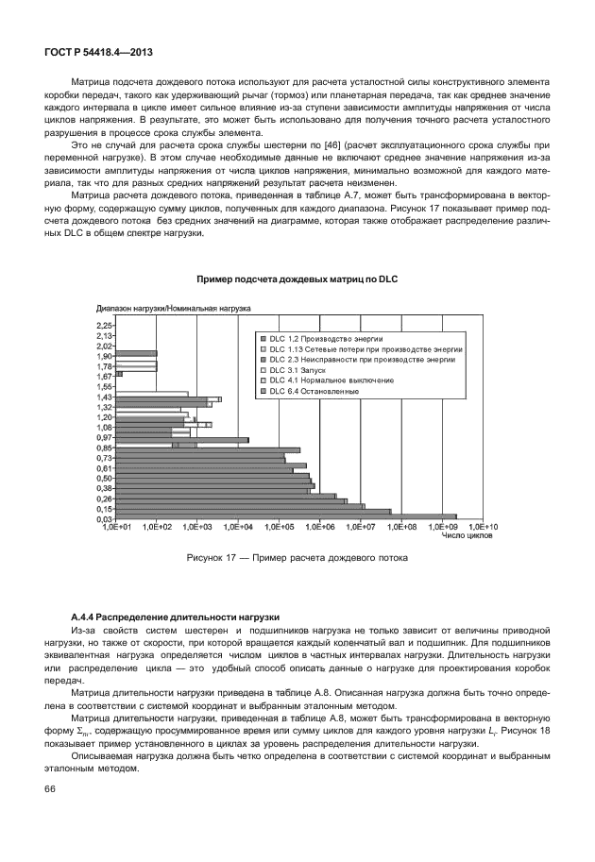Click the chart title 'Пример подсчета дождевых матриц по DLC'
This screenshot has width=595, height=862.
click(x=297, y=279)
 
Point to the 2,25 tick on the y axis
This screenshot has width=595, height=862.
click(x=105, y=324)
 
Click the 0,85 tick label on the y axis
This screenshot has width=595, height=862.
click(x=105, y=448)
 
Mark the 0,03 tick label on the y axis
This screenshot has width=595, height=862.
click(x=105, y=518)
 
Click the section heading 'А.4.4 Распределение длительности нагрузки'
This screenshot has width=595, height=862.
click(x=170, y=615)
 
